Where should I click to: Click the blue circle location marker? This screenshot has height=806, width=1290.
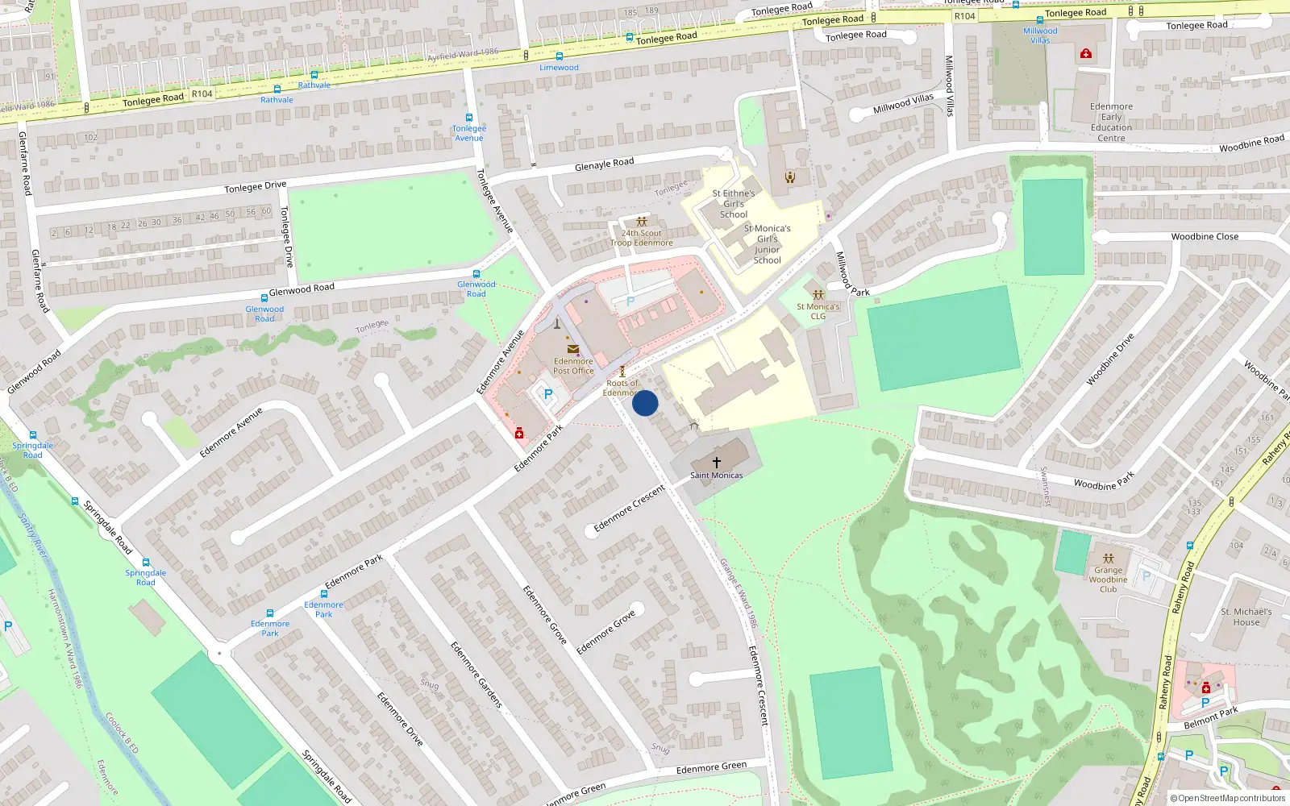(x=645, y=403)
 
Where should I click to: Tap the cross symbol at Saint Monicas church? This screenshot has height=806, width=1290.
(x=716, y=462)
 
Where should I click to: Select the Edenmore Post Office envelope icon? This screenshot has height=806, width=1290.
(x=573, y=349)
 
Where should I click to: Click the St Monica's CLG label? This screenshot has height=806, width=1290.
(x=818, y=311)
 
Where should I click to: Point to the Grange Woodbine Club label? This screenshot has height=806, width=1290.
(x=1108, y=580)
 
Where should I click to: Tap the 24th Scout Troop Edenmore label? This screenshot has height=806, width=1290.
(x=641, y=238)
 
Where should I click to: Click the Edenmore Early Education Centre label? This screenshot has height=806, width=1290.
(x=1111, y=123)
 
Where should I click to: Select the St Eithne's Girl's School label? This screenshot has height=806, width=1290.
(x=734, y=204)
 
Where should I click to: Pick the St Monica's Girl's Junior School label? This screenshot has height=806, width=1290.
(x=767, y=244)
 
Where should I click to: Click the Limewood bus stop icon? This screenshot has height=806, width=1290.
(x=560, y=56)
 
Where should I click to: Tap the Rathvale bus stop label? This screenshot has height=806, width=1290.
(x=314, y=85)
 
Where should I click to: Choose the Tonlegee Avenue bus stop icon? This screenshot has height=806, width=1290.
(x=469, y=118)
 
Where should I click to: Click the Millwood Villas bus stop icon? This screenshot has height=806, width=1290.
(x=1039, y=20)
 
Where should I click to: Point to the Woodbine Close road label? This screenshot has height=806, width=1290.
(x=1205, y=237)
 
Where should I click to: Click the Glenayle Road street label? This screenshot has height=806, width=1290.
(x=605, y=164)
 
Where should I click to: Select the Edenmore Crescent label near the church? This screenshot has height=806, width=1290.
(x=630, y=509)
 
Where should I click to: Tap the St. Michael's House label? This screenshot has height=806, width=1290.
(x=1246, y=617)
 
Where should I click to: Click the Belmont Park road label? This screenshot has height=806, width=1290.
(x=1211, y=717)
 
